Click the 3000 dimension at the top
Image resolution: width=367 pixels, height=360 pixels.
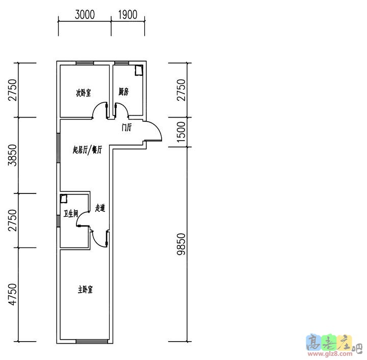click(x=85, y=14)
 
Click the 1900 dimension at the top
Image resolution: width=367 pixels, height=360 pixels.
click(x=127, y=14)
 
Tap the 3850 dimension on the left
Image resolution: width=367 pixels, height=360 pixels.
click(x=13, y=155)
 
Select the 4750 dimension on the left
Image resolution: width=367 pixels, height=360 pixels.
click(x=13, y=294)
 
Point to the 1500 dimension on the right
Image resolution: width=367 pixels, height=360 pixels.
click(x=181, y=132)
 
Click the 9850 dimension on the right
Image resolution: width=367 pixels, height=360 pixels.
click(x=181, y=244)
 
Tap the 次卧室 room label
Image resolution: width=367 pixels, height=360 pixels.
click(x=84, y=93)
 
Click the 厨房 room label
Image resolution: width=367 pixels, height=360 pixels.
click(x=123, y=92)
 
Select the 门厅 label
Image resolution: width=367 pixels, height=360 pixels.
click(x=126, y=128)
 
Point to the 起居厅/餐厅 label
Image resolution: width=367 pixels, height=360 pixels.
click(x=87, y=150)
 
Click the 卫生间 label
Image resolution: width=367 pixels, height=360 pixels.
click(x=71, y=213)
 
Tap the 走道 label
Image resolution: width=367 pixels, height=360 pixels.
click(x=100, y=208)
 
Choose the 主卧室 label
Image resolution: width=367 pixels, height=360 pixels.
click(x=85, y=290)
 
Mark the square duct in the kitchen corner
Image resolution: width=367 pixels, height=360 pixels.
click(x=139, y=70)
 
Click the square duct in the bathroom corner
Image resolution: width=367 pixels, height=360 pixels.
click(x=64, y=199)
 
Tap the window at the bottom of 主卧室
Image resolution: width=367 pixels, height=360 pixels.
click(x=92, y=342)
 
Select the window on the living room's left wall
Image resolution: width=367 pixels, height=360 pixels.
click(x=59, y=148)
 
